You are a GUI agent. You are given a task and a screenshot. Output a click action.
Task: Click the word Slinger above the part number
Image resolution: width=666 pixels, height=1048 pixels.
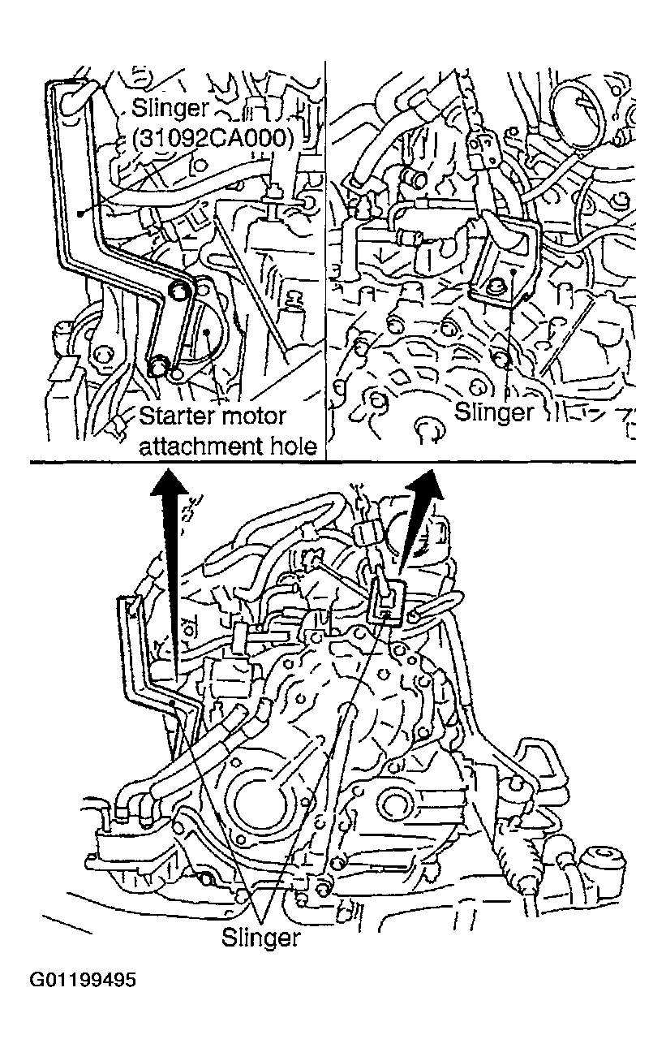click(x=171, y=109)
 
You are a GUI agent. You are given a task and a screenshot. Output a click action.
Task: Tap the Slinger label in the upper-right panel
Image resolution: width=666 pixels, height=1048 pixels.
click(x=493, y=412)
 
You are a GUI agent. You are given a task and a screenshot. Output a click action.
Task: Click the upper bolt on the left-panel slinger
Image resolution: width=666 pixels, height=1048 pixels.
click(x=180, y=291)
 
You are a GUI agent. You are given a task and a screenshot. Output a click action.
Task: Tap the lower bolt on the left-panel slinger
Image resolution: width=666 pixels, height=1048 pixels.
click(x=159, y=364)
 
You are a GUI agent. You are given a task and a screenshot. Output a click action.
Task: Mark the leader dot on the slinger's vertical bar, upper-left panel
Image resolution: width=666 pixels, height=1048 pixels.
click(x=81, y=213)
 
